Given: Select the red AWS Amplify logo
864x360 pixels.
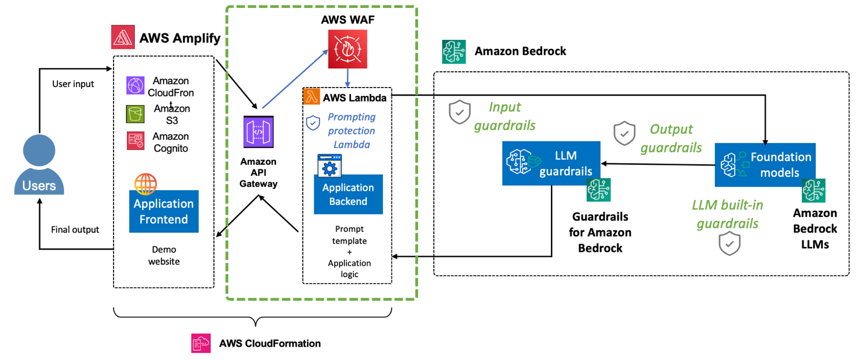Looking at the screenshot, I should click(123, 37).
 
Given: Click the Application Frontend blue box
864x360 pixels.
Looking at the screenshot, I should click(164, 211).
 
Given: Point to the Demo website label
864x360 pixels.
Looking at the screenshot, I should click(164, 256).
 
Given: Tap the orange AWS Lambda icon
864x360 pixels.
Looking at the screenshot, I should click(312, 97).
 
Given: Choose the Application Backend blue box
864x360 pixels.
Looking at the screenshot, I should click(348, 194).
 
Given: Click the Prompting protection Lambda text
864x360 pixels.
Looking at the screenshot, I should click(351, 131).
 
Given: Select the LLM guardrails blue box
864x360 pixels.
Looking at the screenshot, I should click(551, 163).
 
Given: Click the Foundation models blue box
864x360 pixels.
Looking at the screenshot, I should click(765, 164).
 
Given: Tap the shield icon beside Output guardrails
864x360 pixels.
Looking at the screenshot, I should click(624, 133).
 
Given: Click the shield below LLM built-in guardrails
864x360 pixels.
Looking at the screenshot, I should click(729, 243).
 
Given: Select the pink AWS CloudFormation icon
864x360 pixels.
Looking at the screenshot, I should click(201, 343).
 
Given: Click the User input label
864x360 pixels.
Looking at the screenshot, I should click(73, 84).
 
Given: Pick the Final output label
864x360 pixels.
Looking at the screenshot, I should click(75, 230).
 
